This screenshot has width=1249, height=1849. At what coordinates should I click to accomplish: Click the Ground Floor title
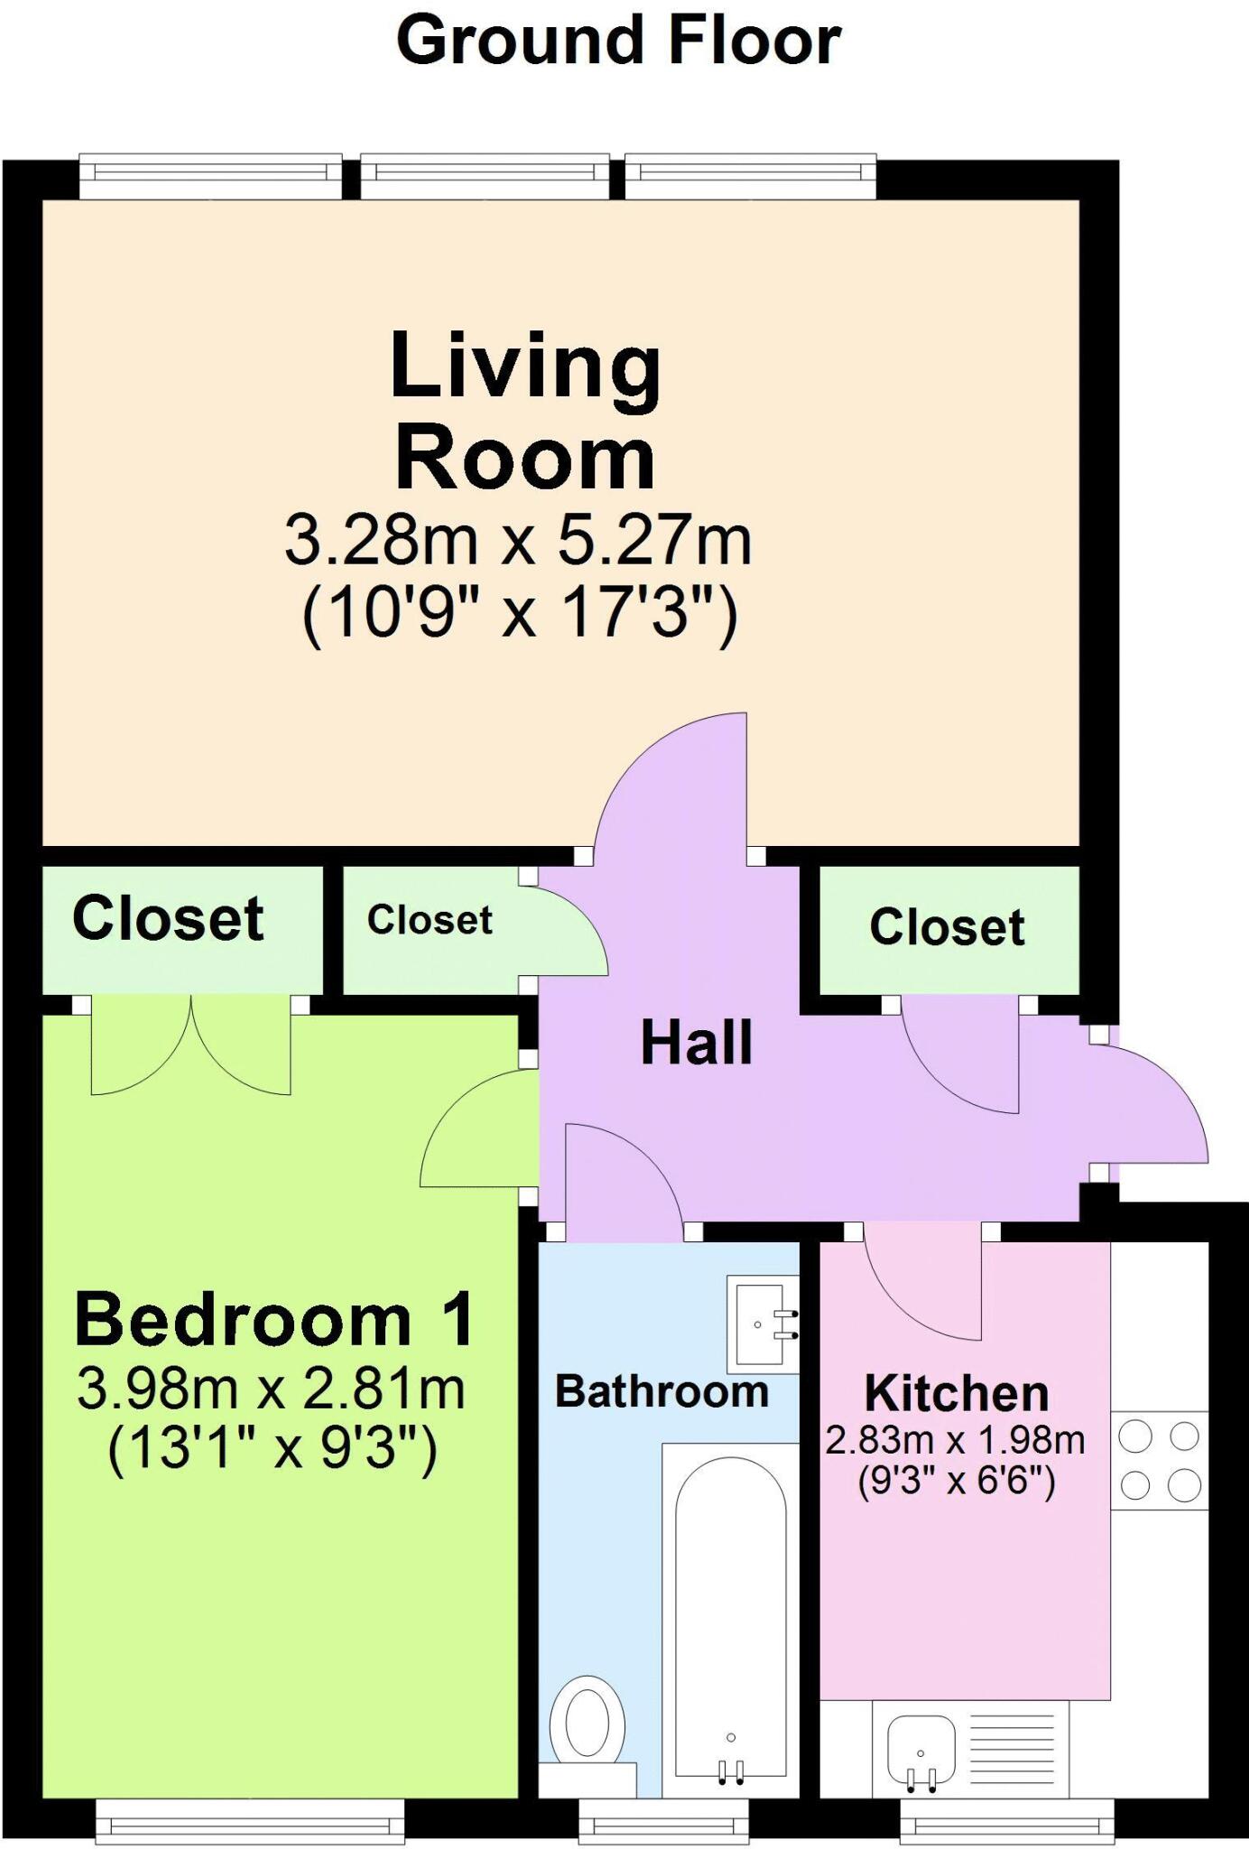tap(619, 42)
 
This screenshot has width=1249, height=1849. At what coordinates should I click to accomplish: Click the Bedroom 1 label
tap(274, 1321)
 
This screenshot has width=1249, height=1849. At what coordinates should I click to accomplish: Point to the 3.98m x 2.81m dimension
tap(271, 1389)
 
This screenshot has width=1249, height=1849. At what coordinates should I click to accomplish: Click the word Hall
tap(696, 1043)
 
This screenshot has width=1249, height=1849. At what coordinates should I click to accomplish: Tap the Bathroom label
tap(662, 1391)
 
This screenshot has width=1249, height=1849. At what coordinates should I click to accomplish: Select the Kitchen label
tap(957, 1393)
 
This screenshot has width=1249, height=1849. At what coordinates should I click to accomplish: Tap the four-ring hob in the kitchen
tap(1159, 1460)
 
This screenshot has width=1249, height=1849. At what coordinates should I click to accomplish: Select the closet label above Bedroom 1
tap(169, 919)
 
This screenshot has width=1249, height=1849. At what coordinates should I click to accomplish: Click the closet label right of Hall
tap(947, 927)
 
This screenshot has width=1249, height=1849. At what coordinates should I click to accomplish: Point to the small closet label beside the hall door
tap(430, 920)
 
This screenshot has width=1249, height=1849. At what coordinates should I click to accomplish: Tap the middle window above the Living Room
tap(485, 175)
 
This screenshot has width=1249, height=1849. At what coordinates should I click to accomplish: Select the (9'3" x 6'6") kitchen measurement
tap(957, 1482)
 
